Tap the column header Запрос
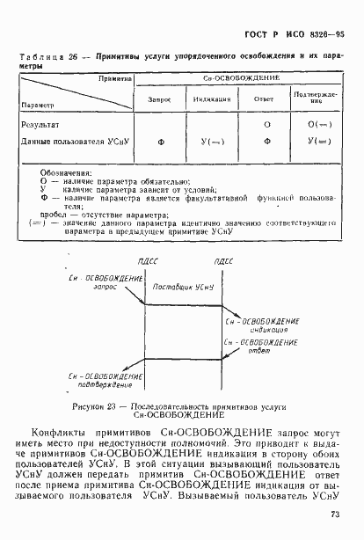pyautogui.click(x=160, y=99)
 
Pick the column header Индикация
pyautogui.click(x=212, y=99)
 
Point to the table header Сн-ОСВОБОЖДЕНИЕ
pyautogui.click(x=236, y=78)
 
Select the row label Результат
pyautogui.click(x=42, y=125)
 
